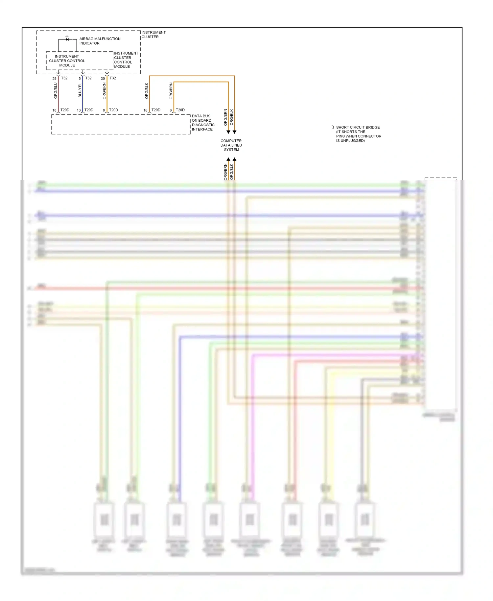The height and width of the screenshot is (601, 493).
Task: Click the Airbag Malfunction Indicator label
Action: (x=100, y=41)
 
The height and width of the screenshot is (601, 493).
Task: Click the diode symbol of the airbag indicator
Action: (x=67, y=39)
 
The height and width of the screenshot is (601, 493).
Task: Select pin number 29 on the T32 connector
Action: (x=54, y=79)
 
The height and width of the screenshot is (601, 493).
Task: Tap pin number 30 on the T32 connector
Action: (x=103, y=79)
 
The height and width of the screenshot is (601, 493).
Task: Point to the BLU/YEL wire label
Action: (x=80, y=90)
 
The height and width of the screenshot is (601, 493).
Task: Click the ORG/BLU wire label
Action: (x=56, y=90)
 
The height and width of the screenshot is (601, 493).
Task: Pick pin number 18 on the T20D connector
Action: (x=54, y=110)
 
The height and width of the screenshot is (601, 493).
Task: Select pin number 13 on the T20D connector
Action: (x=79, y=110)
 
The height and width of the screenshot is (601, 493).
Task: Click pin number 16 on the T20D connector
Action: (x=145, y=110)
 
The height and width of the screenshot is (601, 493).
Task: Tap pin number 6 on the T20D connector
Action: (x=171, y=110)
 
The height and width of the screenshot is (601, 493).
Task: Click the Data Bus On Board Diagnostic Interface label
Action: (x=203, y=123)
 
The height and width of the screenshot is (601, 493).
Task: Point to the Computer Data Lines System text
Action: (x=231, y=145)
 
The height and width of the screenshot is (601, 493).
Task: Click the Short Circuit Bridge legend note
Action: (x=358, y=134)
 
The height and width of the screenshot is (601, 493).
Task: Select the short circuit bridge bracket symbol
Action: (x=333, y=127)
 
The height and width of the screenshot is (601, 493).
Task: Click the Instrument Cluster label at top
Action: (x=153, y=35)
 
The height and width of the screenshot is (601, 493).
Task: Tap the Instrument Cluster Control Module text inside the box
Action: (x=67, y=61)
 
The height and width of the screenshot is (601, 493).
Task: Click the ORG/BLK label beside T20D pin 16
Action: (x=147, y=91)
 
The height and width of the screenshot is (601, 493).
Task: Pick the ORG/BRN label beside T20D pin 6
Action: (x=171, y=91)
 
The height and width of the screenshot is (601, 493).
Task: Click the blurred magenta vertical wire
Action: (x=252, y=427)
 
